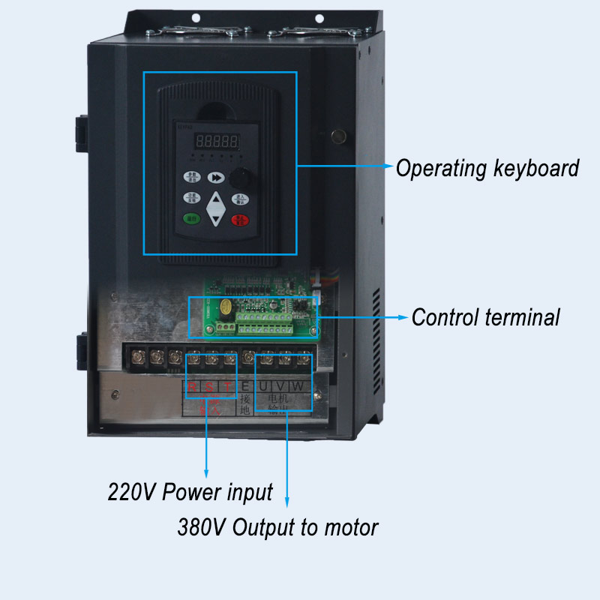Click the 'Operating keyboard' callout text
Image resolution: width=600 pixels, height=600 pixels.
coord(487,168)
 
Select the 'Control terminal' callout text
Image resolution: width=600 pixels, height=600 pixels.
coord(486,317)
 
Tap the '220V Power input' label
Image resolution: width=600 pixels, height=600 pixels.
coord(190,493)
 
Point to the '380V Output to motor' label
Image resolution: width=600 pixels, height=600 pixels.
coord(277,527)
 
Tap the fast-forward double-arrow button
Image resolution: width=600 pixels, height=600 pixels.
coord(216,178)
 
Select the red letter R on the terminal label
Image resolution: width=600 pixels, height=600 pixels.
coord(192,387)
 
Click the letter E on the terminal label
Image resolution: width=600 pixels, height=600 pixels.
coord(245,387)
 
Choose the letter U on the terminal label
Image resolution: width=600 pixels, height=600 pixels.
coord(264,387)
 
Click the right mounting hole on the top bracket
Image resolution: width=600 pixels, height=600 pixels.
coord(319,18)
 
